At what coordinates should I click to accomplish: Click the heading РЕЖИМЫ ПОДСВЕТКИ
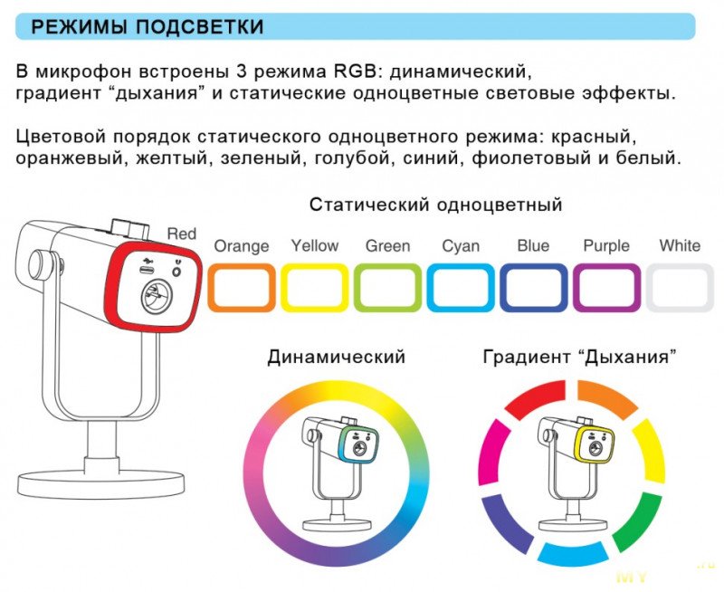(147, 27)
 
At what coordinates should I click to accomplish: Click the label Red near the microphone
(182, 234)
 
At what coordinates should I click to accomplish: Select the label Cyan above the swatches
(461, 245)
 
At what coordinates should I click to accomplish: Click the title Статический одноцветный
(436, 204)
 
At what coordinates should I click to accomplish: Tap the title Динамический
(336, 357)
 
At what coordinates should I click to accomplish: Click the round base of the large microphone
(100, 483)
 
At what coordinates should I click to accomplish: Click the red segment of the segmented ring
(536, 398)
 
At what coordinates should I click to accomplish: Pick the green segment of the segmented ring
(636, 521)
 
